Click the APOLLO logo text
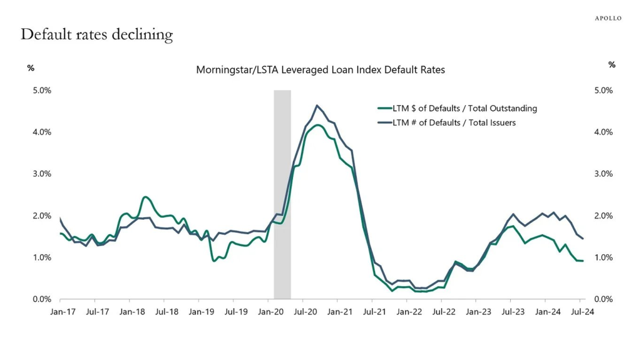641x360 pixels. pyautogui.click(x=607, y=18)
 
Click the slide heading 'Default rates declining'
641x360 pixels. pyautogui.click(x=96, y=34)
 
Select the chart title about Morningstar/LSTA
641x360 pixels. pyautogui.click(x=320, y=70)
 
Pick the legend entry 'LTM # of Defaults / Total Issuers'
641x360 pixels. pyautogui.click(x=454, y=123)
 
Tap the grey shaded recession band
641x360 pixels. pyautogui.click(x=282, y=194)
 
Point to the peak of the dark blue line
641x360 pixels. pyautogui.click(x=317, y=105)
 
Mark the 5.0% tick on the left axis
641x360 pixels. pyautogui.click(x=41, y=90)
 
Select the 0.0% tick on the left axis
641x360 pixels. pyautogui.click(x=41, y=299)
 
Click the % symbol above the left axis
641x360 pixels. pyautogui.click(x=31, y=67)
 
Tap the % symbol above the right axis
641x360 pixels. pyautogui.click(x=612, y=65)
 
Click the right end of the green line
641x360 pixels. pyautogui.click(x=583, y=260)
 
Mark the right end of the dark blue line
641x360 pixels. pyautogui.click(x=583, y=239)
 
